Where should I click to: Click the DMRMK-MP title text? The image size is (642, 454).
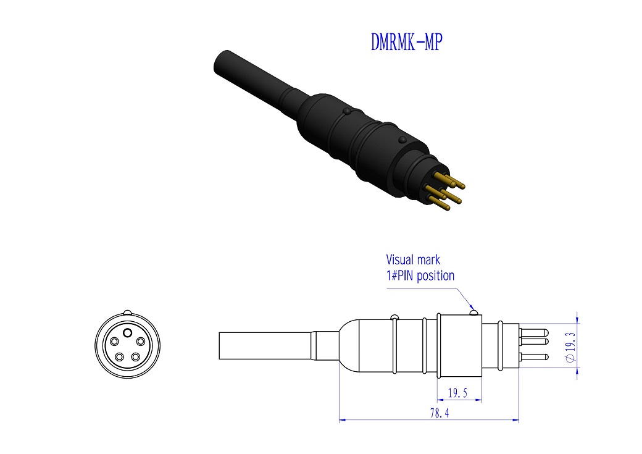pyautogui.click(x=406, y=41)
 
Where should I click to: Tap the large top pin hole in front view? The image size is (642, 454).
pyautogui.click(x=127, y=332)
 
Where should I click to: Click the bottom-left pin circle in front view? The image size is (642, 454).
pyautogui.click(x=119, y=356)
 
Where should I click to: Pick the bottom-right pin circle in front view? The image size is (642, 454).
pyautogui.click(x=135, y=356)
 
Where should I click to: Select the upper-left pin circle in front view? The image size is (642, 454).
pyautogui.click(x=114, y=342)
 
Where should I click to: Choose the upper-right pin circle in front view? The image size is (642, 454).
pyautogui.click(x=140, y=342)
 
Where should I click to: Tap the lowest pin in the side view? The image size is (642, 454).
pyautogui.click(x=535, y=356)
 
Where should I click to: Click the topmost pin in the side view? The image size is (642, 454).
pyautogui.click(x=535, y=332)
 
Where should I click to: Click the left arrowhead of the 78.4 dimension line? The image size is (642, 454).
pyautogui.click(x=341, y=420)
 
